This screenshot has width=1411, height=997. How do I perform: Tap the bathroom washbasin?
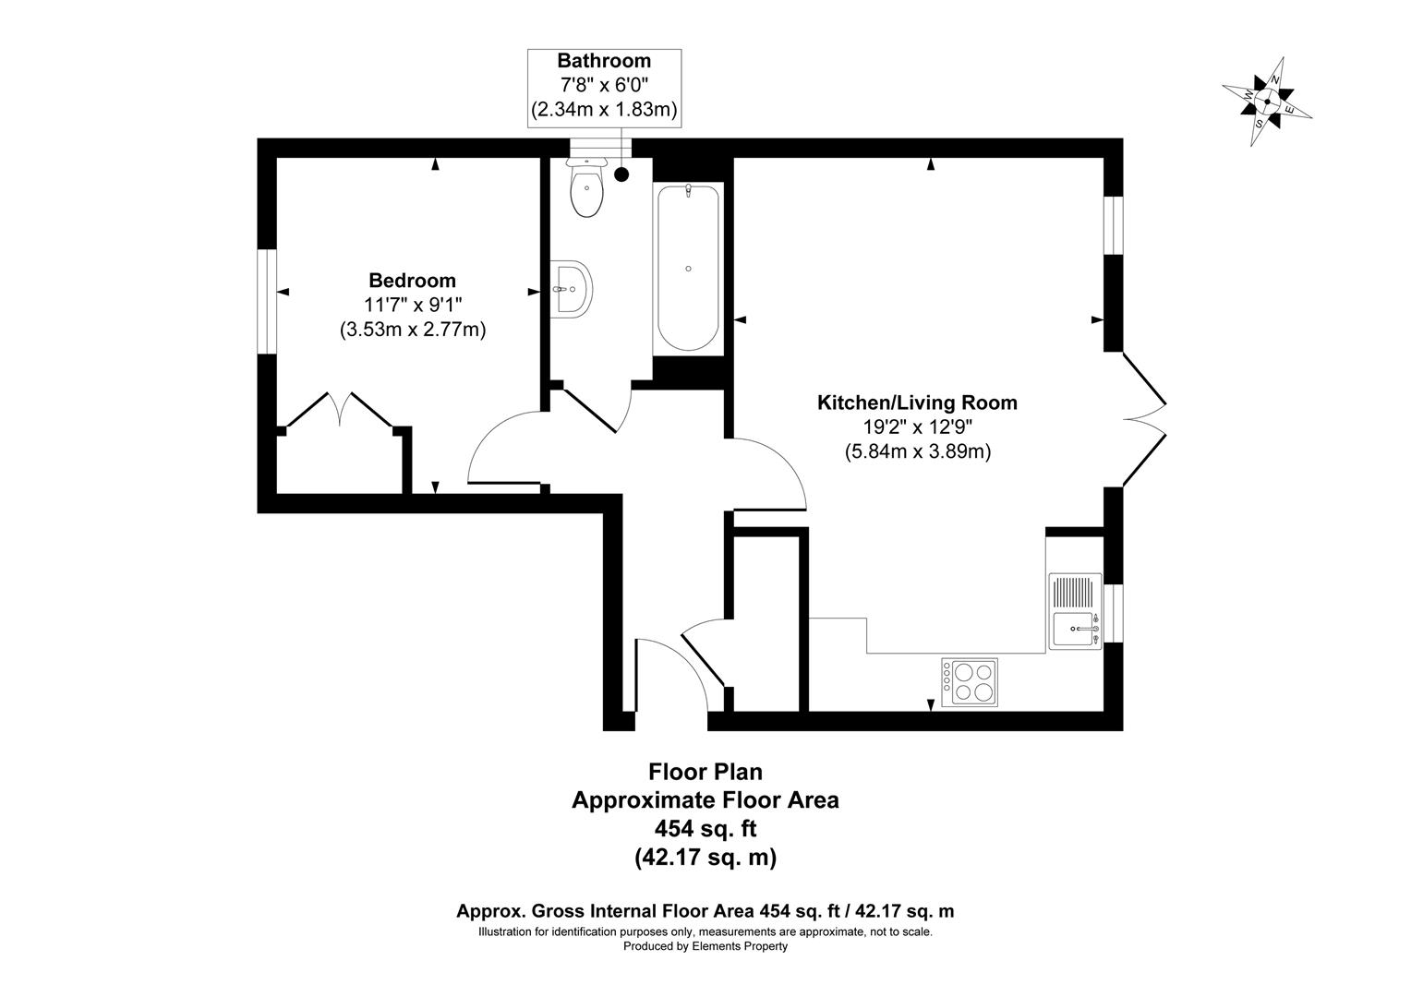point(572,290)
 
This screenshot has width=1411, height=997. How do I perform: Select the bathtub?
point(688,268)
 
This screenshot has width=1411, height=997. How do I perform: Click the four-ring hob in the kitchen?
point(970,681)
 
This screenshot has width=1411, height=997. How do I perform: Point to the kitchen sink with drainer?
point(1075,611)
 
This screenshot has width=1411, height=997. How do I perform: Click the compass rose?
point(1267,102)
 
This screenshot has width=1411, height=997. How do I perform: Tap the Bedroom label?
point(412,281)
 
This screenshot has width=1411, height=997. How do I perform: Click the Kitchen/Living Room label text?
point(917,403)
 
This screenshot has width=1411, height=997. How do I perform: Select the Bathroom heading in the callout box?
point(604,62)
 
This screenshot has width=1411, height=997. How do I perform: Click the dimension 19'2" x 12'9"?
point(917,427)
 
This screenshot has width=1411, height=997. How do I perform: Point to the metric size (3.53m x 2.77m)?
point(412,329)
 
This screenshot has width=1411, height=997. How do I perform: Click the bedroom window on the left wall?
point(266,301)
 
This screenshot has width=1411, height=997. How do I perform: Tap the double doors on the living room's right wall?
point(1145,418)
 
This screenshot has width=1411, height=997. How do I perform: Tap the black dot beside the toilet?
point(621,173)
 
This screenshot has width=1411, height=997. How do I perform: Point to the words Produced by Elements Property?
point(705,946)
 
